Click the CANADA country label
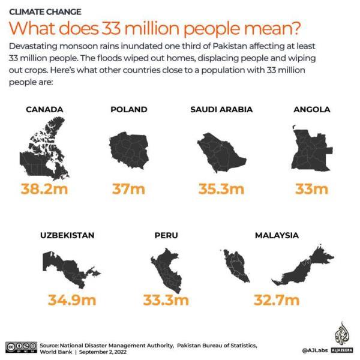[44, 110]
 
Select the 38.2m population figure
[44, 190]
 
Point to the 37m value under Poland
[129, 190]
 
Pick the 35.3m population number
[221, 190]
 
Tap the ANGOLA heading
[311, 110]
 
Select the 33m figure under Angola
[311, 190]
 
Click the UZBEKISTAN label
[67, 235]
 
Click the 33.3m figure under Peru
[166, 299]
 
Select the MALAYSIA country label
[277, 235]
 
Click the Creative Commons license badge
[21, 346]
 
